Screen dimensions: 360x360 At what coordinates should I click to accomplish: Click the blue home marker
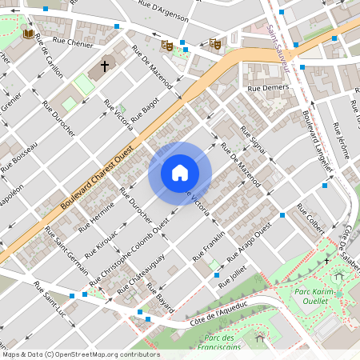tap(179, 173)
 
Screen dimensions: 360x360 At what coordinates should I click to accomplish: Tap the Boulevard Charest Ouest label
tap(96, 183)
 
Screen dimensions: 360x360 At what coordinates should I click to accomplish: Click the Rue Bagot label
tap(145, 108)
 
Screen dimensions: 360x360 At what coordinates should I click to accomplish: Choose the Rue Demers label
tap(268, 87)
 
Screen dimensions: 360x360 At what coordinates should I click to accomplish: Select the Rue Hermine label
tap(94, 214)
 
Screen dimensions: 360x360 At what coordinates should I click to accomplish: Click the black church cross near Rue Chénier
tap(104, 66)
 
